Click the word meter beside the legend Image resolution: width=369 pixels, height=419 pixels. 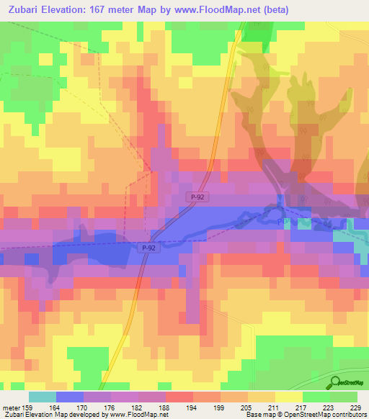(x=11, y=407)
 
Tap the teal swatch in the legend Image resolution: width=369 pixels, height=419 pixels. (x=42, y=397)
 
